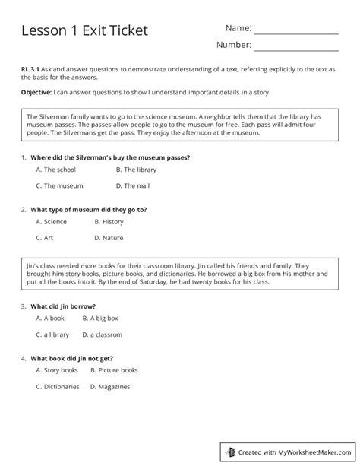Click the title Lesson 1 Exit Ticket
(x=84, y=30)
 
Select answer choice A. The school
(x=55, y=170)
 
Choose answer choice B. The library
(x=136, y=170)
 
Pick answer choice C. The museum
(x=58, y=185)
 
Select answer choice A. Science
(x=51, y=222)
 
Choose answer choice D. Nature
(x=109, y=237)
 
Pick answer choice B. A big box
(x=103, y=319)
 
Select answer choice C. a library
(x=52, y=334)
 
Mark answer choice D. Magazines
(x=109, y=386)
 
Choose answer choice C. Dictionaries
(x=57, y=386)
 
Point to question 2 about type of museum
(x=88, y=208)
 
